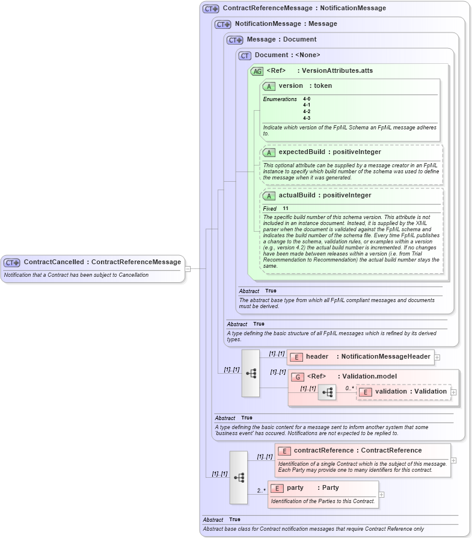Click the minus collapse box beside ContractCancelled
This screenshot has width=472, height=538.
tap(188, 269)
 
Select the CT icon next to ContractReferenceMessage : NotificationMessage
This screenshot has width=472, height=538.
tap(211, 9)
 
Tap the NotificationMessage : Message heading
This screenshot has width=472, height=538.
tap(286, 24)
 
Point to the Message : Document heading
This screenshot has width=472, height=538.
tap(281, 40)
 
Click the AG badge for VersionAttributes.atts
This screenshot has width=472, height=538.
tap(257, 71)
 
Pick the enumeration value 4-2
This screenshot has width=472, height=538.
tap(307, 111)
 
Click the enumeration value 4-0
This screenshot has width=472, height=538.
tap(307, 99)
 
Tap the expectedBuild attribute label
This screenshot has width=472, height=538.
tap(301, 152)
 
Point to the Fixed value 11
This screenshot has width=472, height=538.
tap(286, 209)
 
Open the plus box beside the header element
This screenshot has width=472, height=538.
tap(437, 357)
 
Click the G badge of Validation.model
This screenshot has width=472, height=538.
tap(297, 377)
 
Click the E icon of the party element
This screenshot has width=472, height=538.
tap(277, 488)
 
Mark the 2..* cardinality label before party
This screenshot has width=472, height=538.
tap(261, 490)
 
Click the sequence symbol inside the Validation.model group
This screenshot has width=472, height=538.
tap(327, 392)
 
